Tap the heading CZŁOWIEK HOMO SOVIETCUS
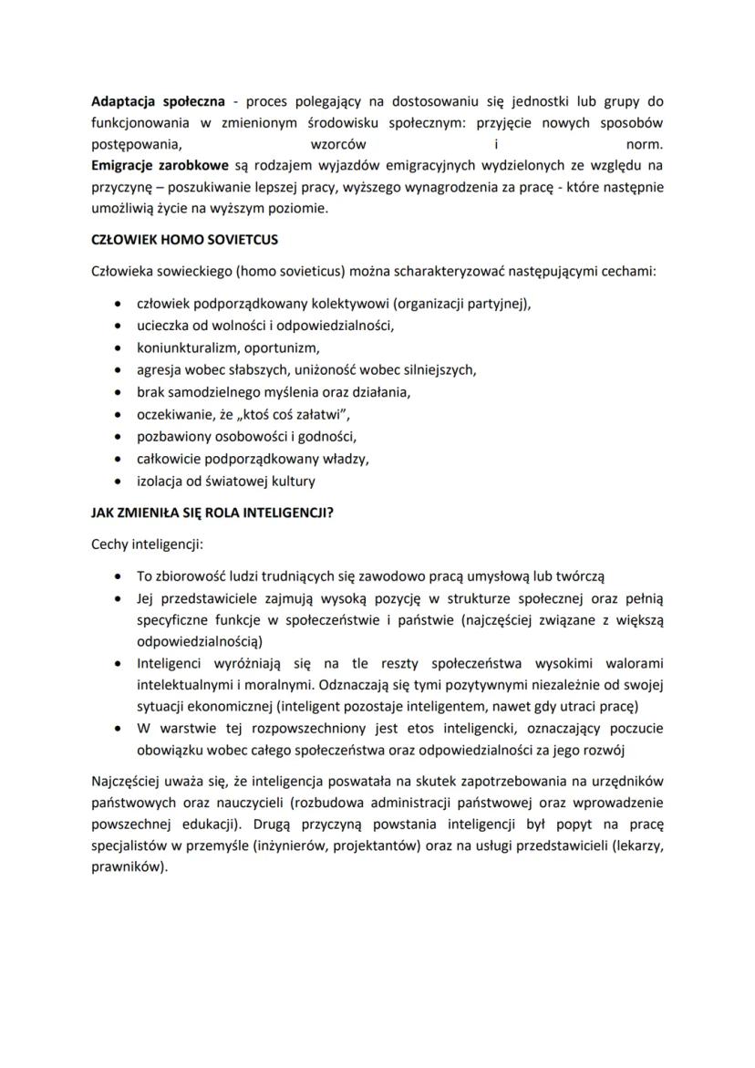click(184, 240)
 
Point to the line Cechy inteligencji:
click(147, 544)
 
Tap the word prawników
click(127, 869)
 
